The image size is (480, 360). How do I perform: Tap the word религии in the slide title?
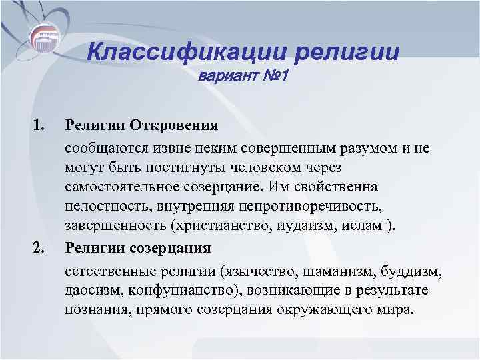345,51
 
